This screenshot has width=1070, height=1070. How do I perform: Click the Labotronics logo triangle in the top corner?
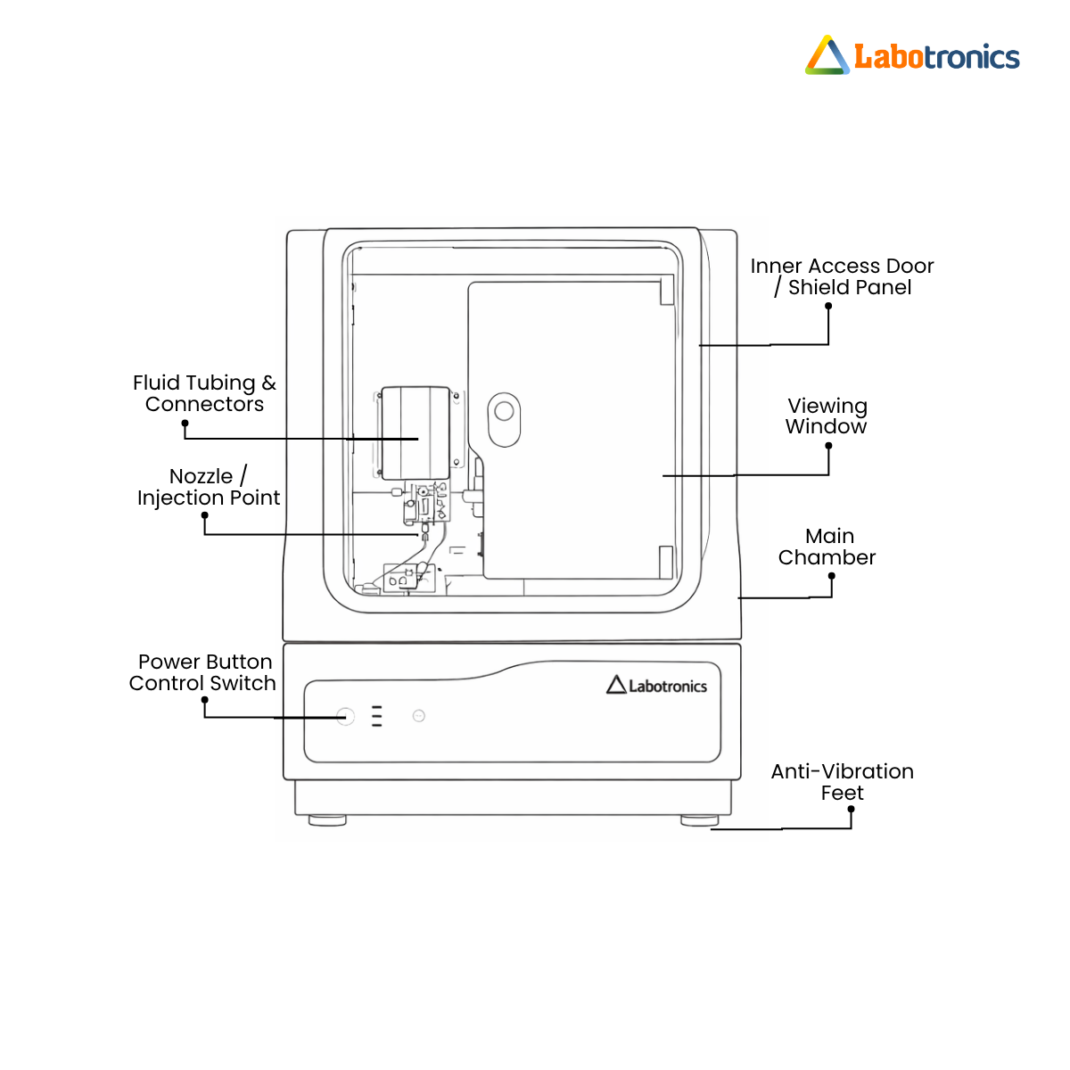(827, 55)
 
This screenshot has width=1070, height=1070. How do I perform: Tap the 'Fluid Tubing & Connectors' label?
(204, 393)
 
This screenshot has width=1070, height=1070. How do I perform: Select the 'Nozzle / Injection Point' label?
(209, 487)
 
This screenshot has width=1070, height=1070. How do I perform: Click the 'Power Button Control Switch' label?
(202, 672)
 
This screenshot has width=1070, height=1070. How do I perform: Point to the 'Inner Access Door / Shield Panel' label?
(842, 276)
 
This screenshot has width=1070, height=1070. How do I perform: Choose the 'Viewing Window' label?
(827, 416)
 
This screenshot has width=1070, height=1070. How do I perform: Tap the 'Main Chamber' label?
(827, 547)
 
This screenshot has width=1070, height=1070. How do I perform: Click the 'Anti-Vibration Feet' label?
(843, 782)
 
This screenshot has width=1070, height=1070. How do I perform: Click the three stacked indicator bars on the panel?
(377, 716)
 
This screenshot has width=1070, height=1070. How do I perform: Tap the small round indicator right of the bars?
(419, 716)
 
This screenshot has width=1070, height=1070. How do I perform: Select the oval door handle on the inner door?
(504, 420)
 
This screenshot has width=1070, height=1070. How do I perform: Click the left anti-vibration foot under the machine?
(327, 820)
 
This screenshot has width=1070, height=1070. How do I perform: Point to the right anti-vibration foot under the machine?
(700, 820)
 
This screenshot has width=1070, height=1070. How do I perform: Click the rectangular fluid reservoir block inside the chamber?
(416, 433)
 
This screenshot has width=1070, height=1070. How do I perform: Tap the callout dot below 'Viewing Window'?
(828, 446)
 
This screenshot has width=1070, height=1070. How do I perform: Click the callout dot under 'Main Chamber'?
(832, 576)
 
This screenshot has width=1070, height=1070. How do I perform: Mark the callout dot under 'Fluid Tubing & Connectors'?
(185, 424)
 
